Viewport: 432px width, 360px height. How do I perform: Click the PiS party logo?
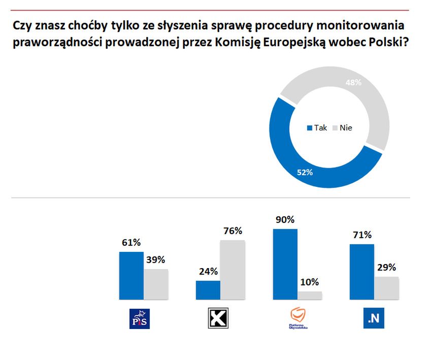tap(140, 318)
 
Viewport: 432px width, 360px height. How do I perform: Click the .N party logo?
tap(373, 318)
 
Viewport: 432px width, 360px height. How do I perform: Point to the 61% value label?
tap(130, 243)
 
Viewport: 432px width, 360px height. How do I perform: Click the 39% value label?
tap(156, 260)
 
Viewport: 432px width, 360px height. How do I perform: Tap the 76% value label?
tap(233, 231)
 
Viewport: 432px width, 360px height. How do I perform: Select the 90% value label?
tap(285, 220)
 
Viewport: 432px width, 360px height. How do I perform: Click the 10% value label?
tap(310, 282)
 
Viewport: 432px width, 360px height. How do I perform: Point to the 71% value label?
tap(361, 235)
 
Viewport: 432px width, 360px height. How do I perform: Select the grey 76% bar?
tap(232, 270)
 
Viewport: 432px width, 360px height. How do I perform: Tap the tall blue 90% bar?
tap(285, 264)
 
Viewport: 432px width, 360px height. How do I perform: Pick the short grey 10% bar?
tap(310, 295)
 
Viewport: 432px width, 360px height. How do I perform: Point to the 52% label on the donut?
tap(305, 172)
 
